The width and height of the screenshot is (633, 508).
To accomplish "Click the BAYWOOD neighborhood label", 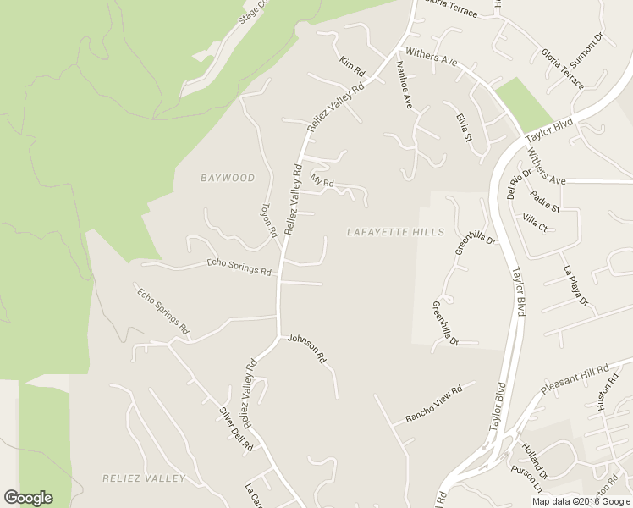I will point(228,178).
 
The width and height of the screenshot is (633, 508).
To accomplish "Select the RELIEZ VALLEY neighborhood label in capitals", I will point(144,478).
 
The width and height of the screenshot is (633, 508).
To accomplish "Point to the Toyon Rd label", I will point(268,220).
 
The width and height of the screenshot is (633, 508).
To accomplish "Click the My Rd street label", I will point(322,181).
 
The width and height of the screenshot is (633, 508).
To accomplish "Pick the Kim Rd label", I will point(351,64).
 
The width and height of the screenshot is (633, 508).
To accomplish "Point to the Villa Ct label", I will point(536,224).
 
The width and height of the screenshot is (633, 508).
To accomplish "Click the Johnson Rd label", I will point(306,348).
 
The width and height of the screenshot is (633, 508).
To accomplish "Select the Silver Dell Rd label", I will point(236,428).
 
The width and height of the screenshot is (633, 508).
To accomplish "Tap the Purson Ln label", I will point(526,479).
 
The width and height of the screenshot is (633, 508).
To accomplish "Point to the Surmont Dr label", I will point(588,52).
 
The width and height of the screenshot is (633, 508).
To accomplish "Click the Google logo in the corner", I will point(28,498).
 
